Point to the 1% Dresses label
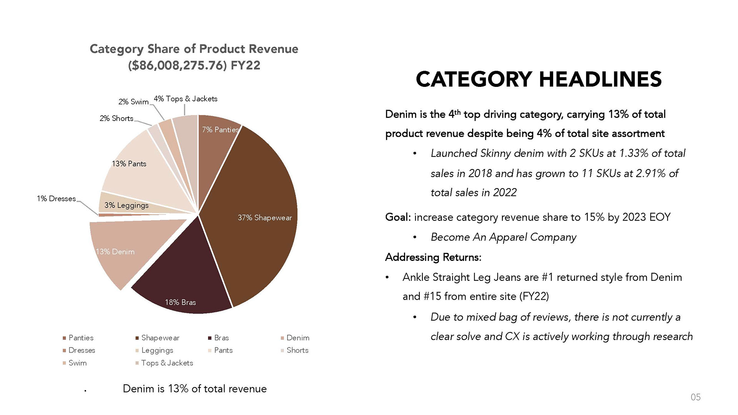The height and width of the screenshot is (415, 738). (56, 199)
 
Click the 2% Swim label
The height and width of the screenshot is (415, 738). (133, 102)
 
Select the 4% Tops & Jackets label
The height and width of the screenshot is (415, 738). (186, 99)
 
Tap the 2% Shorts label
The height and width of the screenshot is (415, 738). (116, 118)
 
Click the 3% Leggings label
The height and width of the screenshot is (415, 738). (126, 205)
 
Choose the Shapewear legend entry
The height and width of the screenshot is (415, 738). (157, 338)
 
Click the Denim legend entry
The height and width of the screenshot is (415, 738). (295, 338)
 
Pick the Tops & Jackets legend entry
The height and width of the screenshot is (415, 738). (164, 363)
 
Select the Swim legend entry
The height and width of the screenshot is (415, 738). (75, 363)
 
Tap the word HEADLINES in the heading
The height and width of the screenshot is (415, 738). (600, 79)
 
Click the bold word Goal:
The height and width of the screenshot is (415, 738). (398, 217)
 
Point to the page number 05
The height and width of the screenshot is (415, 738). (696, 397)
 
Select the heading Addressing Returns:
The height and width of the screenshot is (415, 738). (433, 257)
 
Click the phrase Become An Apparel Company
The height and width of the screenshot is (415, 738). (504, 237)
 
